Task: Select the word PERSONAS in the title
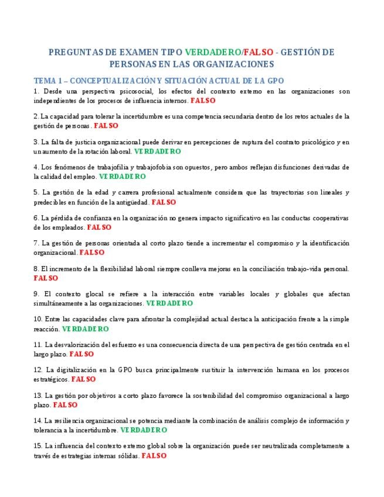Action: [131, 63]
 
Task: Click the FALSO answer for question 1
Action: [203, 100]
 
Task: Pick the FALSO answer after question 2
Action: [106, 125]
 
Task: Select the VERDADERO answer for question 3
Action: [158, 151]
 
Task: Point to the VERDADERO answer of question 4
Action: [123, 176]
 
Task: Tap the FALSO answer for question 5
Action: [164, 202]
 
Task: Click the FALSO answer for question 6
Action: [99, 227]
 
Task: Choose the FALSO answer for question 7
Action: [92, 253]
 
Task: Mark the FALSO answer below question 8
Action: [46, 278]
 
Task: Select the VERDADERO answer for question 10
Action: [86, 329]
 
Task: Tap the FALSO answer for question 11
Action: [81, 354]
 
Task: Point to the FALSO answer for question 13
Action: [65, 404]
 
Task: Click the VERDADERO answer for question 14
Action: [144, 430]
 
